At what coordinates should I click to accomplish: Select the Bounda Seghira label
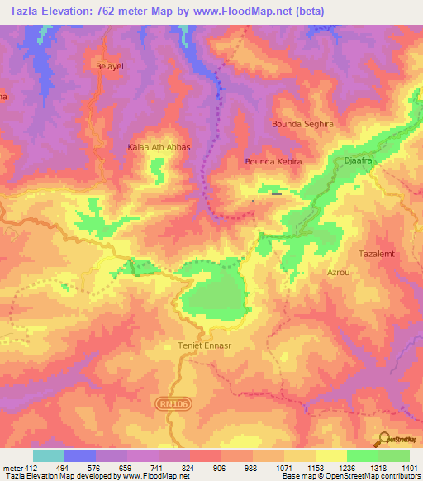click(302, 124)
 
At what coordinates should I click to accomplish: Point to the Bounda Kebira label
click(269, 162)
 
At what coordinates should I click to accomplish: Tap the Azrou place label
click(339, 271)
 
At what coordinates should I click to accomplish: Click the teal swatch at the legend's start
click(49, 455)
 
